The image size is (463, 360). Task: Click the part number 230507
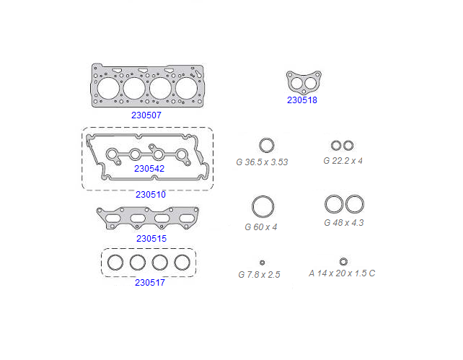pos(146,115)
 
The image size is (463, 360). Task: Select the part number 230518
pos(302,100)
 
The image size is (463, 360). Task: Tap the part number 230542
pos(149,168)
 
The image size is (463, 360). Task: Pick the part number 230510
pos(151,194)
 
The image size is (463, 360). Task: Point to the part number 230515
pos(151,238)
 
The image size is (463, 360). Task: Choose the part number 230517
pos(150,282)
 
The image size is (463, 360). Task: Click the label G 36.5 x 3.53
pos(262,162)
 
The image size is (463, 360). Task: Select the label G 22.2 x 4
pos(343,161)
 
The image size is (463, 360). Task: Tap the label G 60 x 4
pos(261,227)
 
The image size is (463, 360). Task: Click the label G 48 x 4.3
pos(344,222)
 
